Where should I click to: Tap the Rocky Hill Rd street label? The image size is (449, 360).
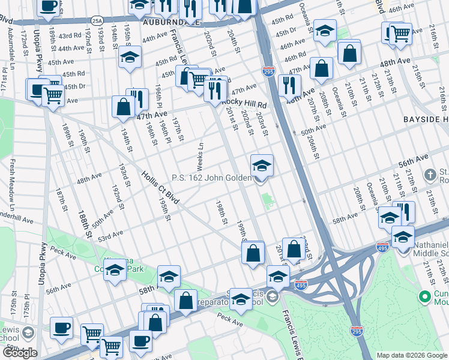[x=244, y=103]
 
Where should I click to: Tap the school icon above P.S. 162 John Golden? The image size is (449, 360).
[x=261, y=165]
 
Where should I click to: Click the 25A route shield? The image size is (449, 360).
[x=97, y=20]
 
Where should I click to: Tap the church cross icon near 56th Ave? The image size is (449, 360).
[x=429, y=175]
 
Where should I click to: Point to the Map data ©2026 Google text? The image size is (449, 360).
[x=412, y=355]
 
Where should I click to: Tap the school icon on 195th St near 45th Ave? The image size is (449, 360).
[x=130, y=58]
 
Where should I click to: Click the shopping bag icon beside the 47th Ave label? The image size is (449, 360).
[x=123, y=107]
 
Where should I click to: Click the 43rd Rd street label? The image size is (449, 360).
[x=69, y=37]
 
